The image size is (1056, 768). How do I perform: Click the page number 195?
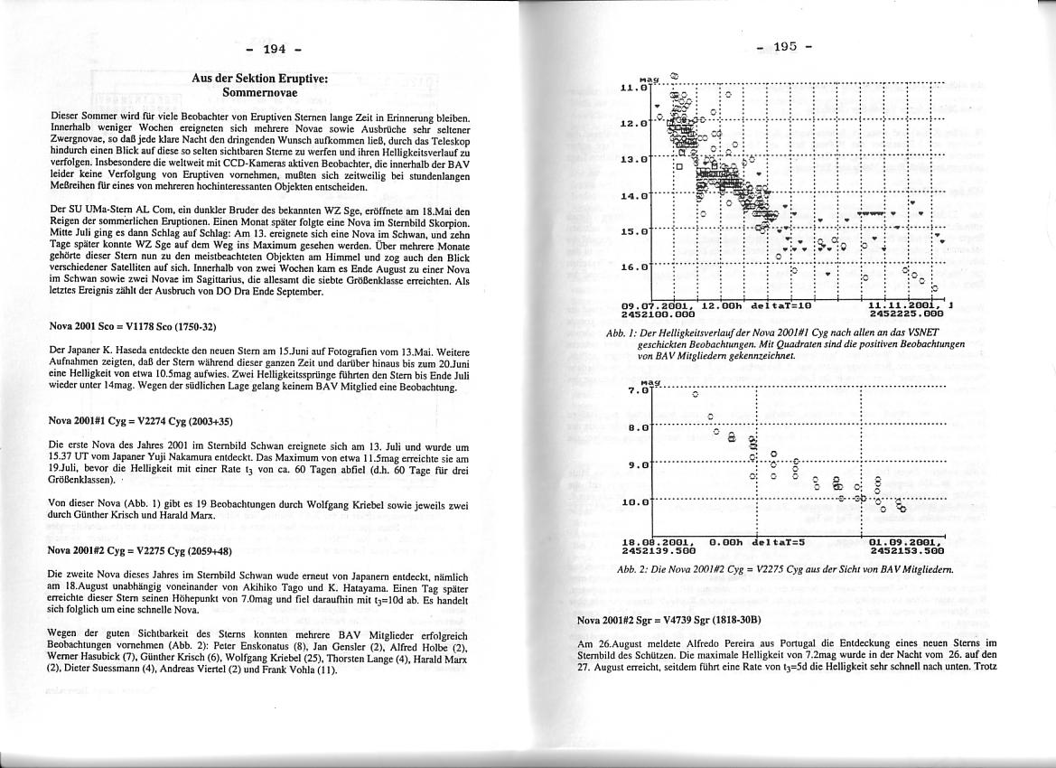783,47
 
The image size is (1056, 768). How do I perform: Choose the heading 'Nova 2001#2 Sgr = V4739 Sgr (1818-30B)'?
669,620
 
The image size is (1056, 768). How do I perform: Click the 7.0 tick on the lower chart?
638,391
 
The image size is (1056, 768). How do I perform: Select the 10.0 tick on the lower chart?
634,501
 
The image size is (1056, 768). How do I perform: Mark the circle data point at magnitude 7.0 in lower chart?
695,394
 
